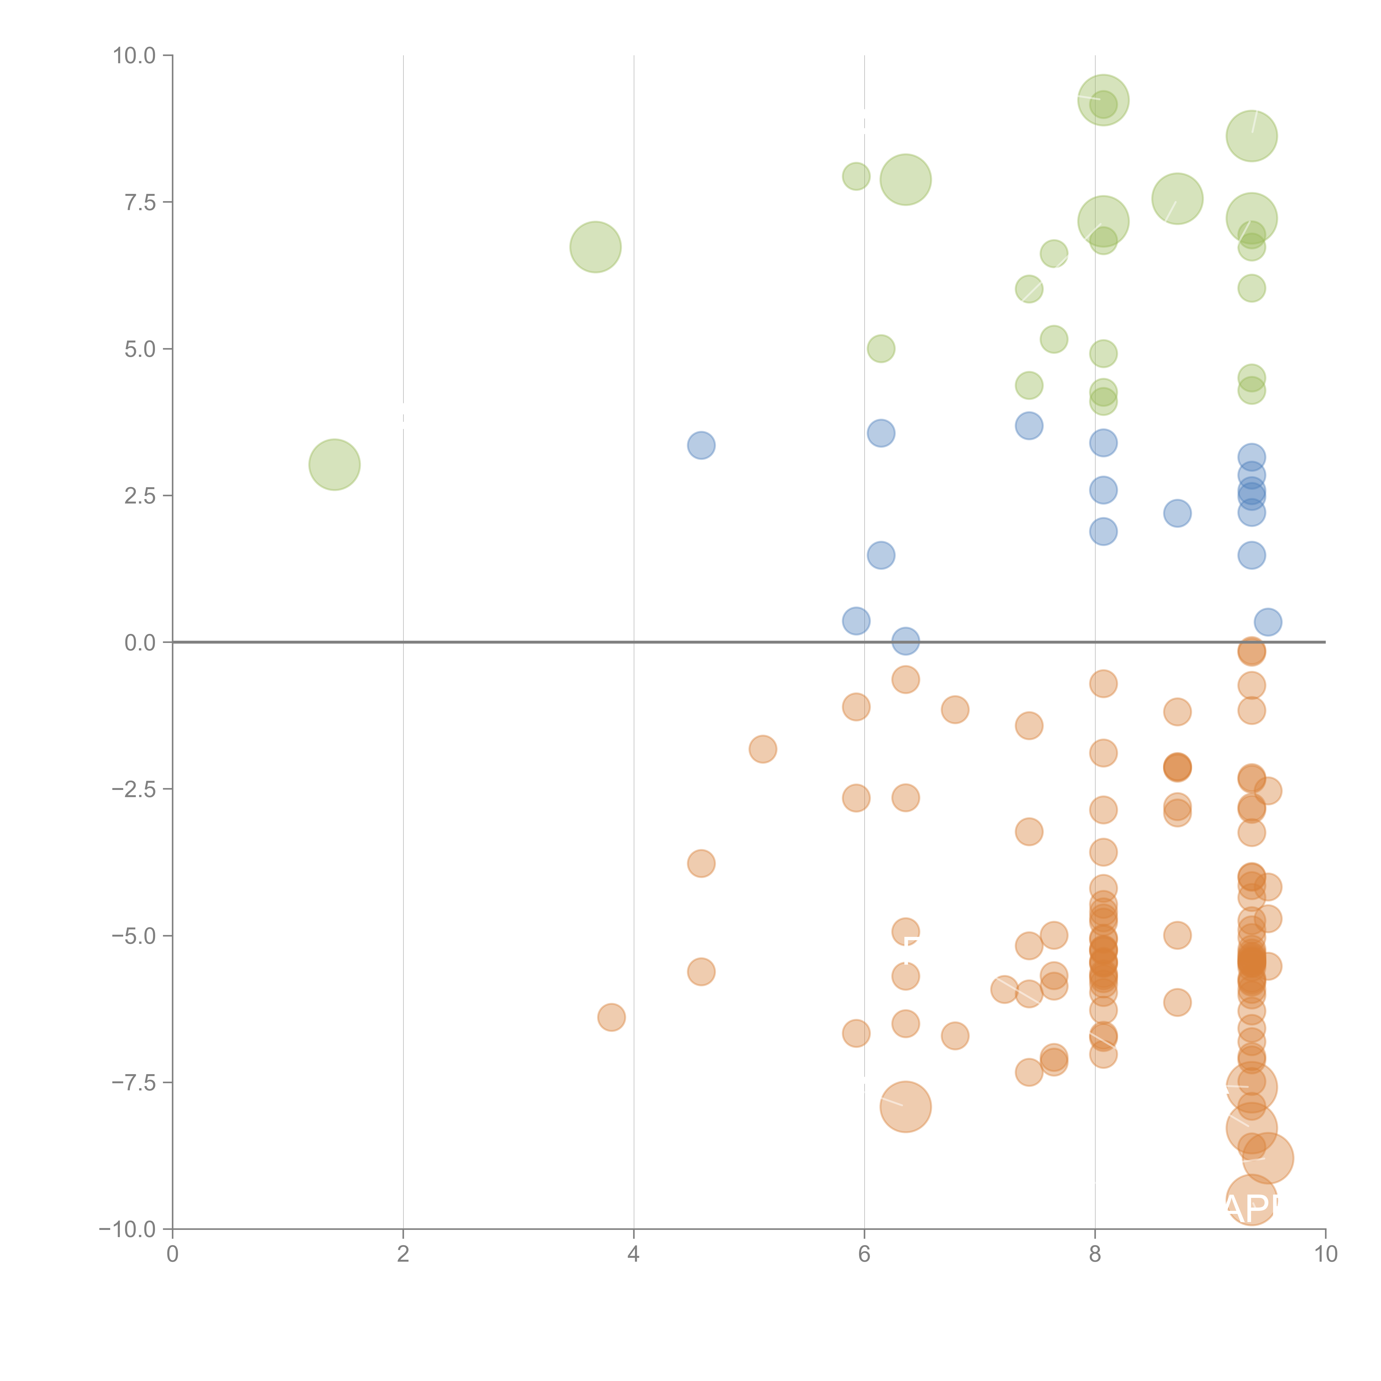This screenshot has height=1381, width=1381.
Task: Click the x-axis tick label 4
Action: click(x=633, y=1255)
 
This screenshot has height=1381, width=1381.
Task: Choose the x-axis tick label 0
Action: click(x=172, y=1255)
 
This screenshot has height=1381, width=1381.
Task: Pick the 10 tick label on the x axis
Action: click(x=1325, y=1255)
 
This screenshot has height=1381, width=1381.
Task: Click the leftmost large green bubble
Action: click(x=334, y=465)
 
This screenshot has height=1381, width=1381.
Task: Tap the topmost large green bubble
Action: click(x=1103, y=100)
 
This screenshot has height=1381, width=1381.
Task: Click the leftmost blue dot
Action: click(x=701, y=445)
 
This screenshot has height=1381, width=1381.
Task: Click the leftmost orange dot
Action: click(x=611, y=1017)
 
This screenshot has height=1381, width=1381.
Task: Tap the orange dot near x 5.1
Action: click(x=763, y=749)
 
